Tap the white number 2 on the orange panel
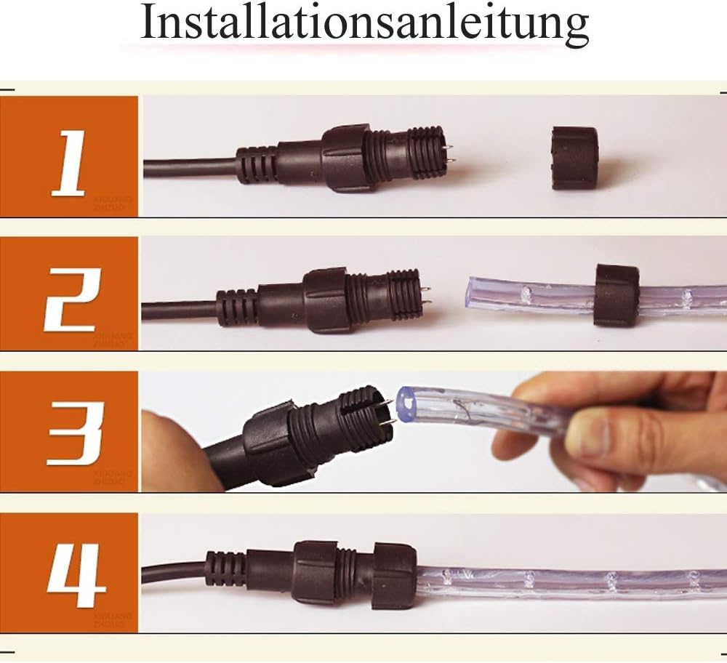[x=70, y=298]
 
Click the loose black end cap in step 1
[x=574, y=158]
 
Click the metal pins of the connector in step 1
[x=450, y=153]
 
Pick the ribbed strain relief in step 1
[x=257, y=164]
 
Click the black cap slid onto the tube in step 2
[x=616, y=294]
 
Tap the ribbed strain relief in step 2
[x=236, y=307]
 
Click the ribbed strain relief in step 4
[x=225, y=569]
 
